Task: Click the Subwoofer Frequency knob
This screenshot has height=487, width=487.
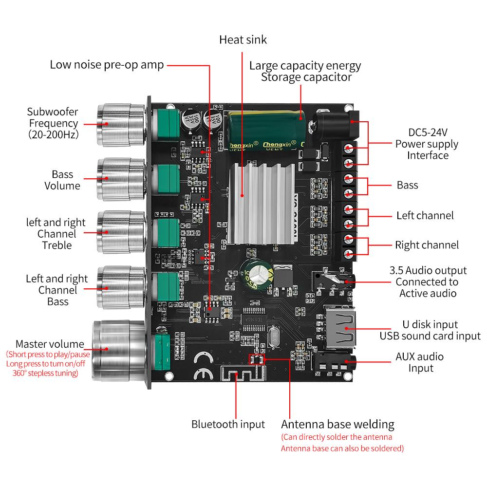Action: click(119, 124)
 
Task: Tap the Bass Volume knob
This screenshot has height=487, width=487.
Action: click(119, 179)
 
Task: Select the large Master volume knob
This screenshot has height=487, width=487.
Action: click(119, 349)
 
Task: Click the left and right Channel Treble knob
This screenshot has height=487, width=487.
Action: click(119, 233)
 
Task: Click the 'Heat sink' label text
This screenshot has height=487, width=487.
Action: click(243, 39)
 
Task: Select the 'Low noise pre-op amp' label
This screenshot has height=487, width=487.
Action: click(107, 65)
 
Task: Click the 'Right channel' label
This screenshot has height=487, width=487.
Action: click(427, 245)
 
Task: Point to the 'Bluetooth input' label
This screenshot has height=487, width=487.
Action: click(228, 424)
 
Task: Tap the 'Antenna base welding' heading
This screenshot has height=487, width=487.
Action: click(337, 424)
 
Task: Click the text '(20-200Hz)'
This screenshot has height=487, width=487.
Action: click(53, 135)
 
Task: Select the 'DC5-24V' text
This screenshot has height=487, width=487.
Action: click(427, 133)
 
